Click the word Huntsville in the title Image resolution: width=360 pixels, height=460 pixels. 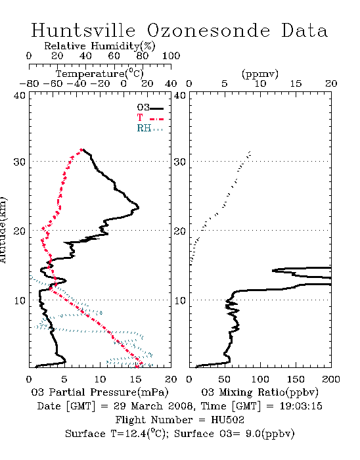click(x=83, y=30)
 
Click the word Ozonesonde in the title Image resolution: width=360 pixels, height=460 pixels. click(x=208, y=30)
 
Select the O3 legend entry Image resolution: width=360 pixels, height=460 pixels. click(x=150, y=108)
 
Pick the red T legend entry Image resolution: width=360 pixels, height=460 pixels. click(x=150, y=118)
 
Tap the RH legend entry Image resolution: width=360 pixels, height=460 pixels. click(x=150, y=128)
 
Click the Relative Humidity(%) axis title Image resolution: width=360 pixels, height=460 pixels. click(x=100, y=46)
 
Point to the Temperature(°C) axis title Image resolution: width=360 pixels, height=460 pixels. click(x=100, y=74)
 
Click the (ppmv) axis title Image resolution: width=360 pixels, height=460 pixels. click(x=260, y=74)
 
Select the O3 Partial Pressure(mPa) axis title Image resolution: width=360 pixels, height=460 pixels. click(x=100, y=392)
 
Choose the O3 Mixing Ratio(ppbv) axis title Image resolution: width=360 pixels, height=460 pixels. click(x=259, y=392)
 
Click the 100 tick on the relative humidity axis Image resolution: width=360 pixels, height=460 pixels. click(x=171, y=56)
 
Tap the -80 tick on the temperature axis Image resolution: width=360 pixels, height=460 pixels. click(x=29, y=83)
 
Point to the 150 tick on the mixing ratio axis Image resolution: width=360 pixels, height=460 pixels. click(x=296, y=379)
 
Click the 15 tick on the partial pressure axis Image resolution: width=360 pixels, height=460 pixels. click(x=135, y=379)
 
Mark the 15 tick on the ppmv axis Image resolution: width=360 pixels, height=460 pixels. click(x=296, y=83)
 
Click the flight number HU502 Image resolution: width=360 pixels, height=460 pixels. click(x=227, y=420)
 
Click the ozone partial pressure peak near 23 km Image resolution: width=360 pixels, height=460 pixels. click(x=138, y=208)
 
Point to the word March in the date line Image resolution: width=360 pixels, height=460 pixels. click(x=146, y=406)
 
